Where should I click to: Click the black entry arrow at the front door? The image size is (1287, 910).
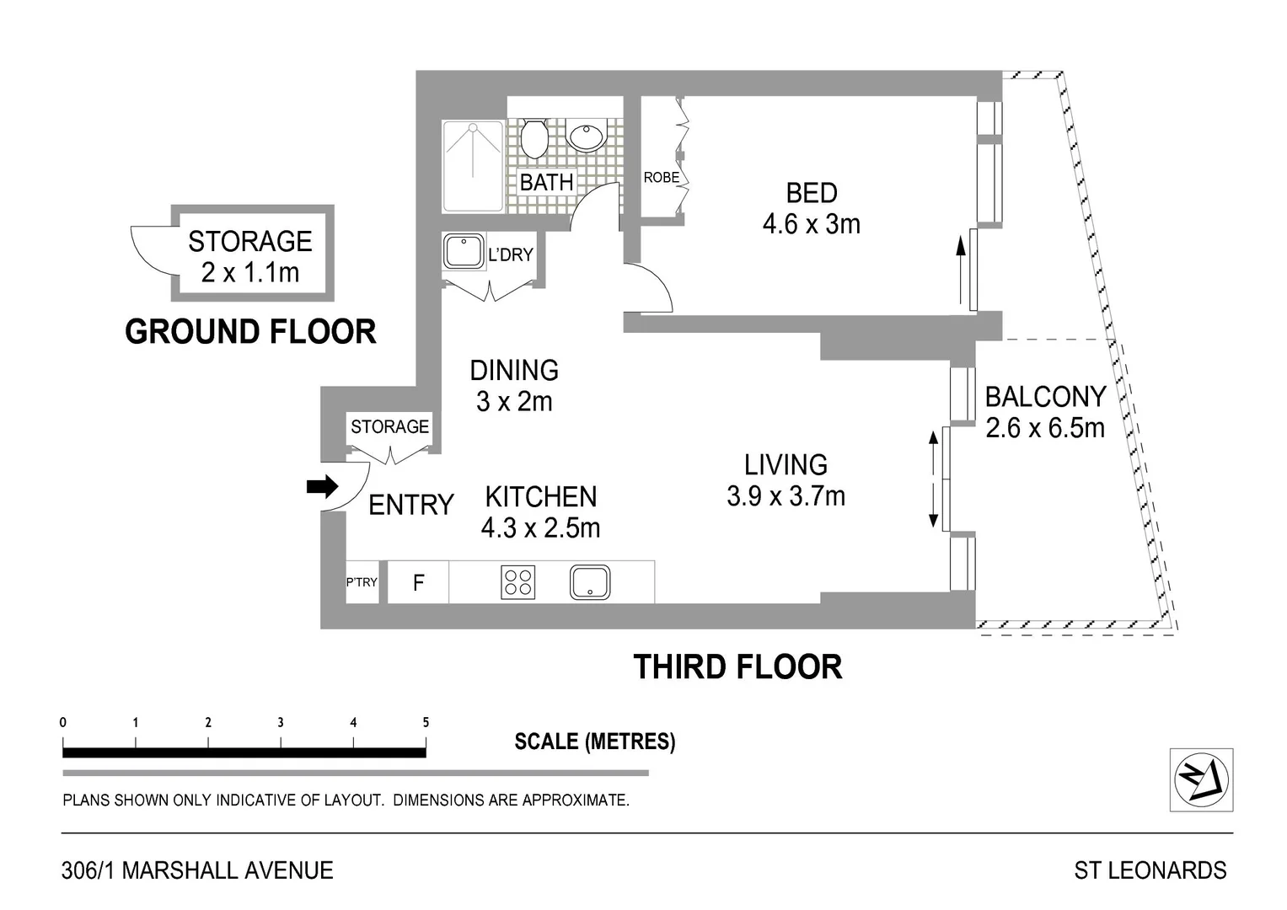point(321,486)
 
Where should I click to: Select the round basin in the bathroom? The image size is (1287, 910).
point(586,136)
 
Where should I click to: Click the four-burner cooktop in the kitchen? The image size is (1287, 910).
point(517,582)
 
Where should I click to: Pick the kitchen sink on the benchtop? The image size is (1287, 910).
point(590,582)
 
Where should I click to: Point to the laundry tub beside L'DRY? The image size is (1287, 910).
point(463,251)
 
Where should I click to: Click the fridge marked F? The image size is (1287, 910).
point(418,582)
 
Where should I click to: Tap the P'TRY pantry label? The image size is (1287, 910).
point(362,582)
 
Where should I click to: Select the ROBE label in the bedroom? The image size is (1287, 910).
point(661,178)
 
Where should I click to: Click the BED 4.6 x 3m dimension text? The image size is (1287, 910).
point(811,224)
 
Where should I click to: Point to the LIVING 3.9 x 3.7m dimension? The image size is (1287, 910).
point(786,496)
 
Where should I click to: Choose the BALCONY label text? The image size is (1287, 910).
point(1045,397)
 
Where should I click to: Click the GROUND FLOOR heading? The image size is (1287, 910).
point(250,332)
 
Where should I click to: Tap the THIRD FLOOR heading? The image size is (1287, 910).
point(737,667)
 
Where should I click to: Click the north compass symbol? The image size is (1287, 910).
point(1201,779)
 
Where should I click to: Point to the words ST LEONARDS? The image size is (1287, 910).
point(1150,870)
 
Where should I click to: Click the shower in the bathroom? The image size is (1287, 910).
point(474,166)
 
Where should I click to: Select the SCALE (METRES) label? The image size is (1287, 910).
point(594,741)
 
